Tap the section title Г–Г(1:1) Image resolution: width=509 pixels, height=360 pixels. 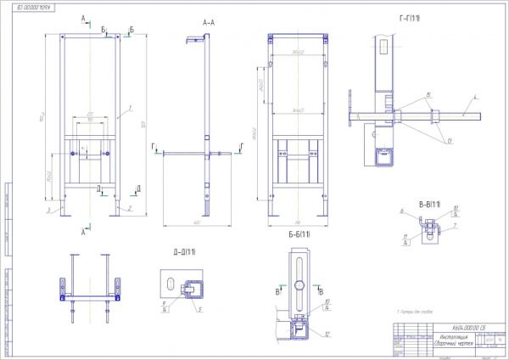coord(411,19)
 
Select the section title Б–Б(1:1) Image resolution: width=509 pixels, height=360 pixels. coord(297,233)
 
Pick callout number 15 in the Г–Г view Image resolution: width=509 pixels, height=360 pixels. coord(428,94)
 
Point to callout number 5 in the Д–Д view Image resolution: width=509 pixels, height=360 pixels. coord(199,309)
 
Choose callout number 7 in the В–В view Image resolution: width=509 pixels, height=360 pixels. coord(456,226)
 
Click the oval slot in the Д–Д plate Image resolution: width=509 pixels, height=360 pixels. coord(171,284)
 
